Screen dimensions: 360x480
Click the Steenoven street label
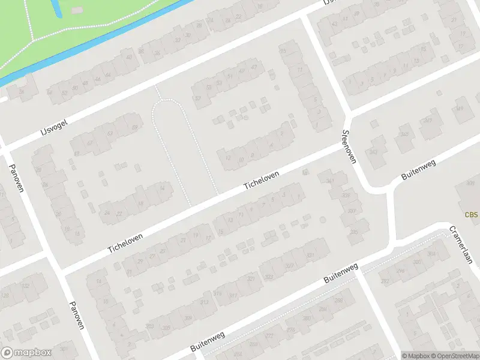coord(349,147)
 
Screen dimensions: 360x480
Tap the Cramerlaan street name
coord(461,244)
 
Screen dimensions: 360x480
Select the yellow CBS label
coord(472,215)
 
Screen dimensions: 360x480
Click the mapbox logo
coord(26,353)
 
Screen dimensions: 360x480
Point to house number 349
coord(460,109)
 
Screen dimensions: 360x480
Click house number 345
coord(405,134)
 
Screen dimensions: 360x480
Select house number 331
coord(310,256)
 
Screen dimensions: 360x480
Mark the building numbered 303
coord(149,326)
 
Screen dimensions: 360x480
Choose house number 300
coord(416,263)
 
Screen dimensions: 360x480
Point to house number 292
coord(385,281)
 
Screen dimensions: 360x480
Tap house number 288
coord(338,300)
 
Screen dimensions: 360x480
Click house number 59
coord(134,127)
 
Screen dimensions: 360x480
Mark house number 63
coord(110,133)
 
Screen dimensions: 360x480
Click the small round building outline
coord(323,220)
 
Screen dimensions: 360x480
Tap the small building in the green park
coord(76,10)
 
